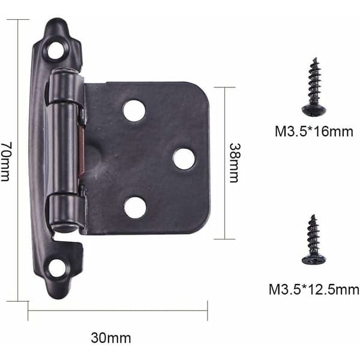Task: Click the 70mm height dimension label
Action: point(5,161)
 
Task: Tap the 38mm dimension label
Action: point(235,163)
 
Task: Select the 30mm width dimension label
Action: point(111,338)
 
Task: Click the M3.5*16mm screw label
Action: point(314,131)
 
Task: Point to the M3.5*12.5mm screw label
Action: point(314,289)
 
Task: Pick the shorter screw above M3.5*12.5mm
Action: point(314,239)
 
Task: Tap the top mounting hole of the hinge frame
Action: point(56,50)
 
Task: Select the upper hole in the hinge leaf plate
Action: point(134,110)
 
